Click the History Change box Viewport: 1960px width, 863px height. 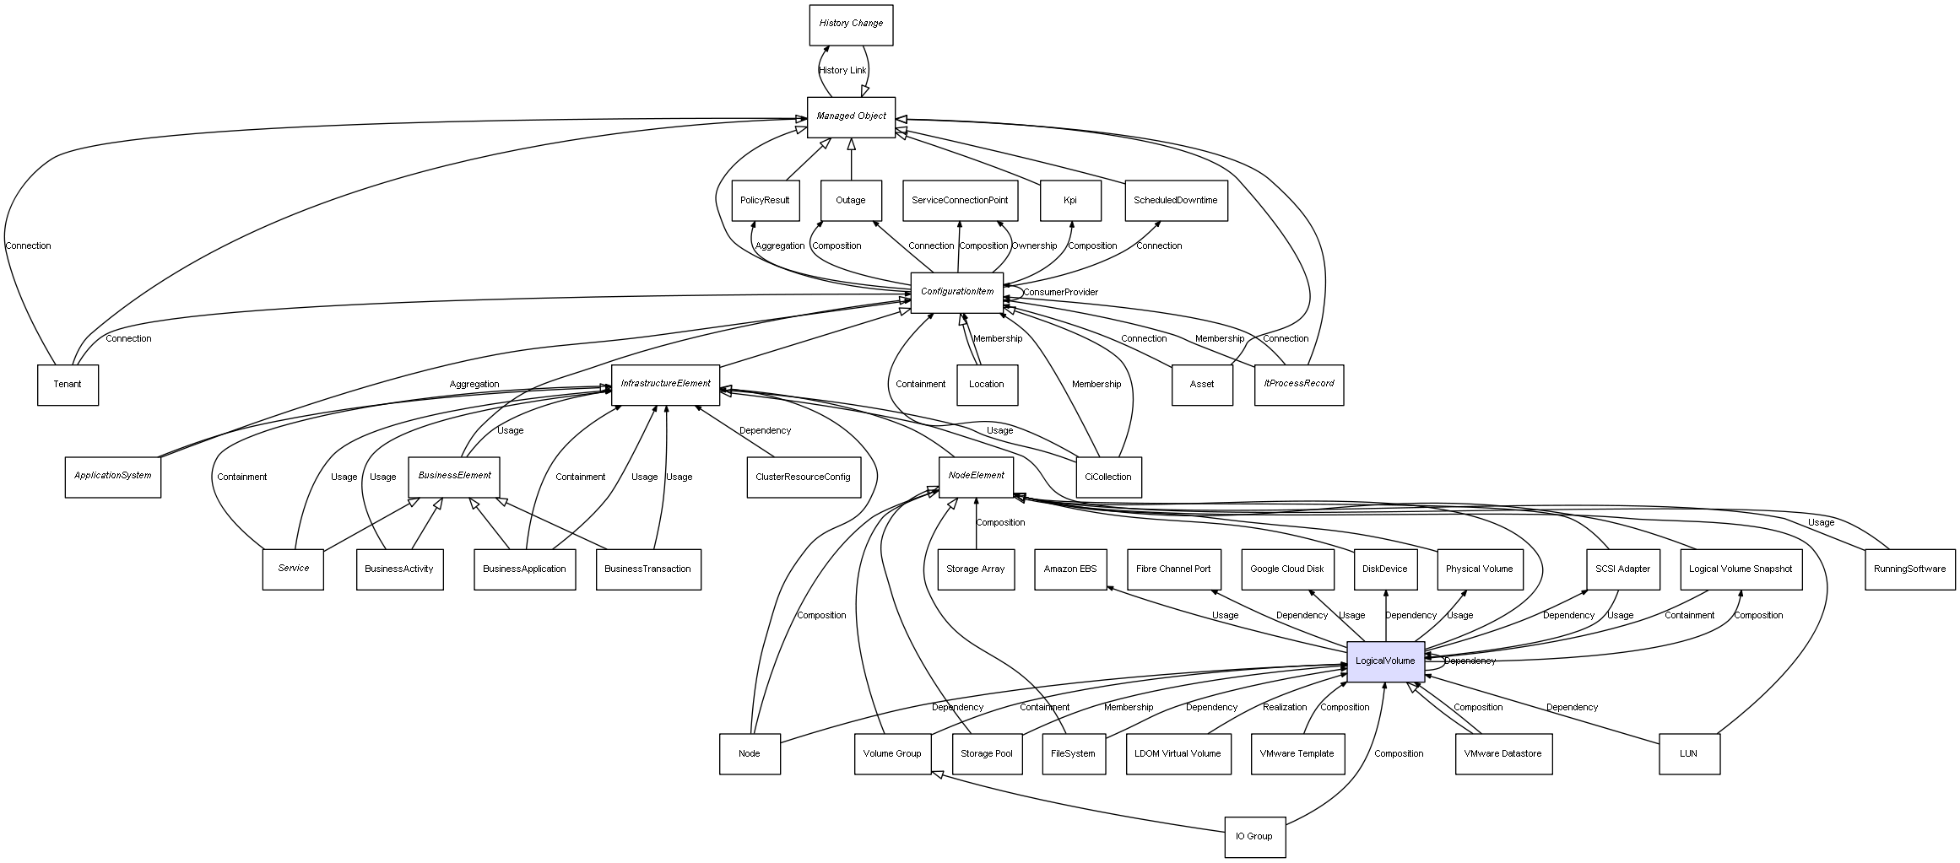point(850,24)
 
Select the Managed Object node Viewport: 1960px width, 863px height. point(850,116)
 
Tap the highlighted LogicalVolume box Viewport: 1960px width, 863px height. point(1385,661)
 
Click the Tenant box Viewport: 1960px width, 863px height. point(68,385)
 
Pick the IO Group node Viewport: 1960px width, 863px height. point(1254,837)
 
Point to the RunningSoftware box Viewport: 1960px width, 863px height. point(1909,569)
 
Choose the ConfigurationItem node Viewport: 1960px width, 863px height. point(956,293)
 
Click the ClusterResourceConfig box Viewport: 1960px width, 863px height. point(803,477)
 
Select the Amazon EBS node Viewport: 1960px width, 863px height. point(1069,569)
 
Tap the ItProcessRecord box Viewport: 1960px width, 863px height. point(1298,385)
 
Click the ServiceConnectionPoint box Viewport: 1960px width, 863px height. point(959,201)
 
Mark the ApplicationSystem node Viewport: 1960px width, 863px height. point(112,477)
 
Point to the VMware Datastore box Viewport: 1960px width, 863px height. point(1502,754)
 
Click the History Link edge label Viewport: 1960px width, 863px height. point(842,71)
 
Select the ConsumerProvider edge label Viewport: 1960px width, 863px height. point(1060,293)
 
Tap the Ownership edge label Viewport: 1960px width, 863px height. point(1034,246)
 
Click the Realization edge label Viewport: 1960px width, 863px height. point(1284,708)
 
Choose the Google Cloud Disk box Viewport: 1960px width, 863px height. point(1287,569)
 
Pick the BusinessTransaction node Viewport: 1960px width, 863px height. point(647,569)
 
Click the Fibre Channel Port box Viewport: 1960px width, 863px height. point(1172,569)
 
